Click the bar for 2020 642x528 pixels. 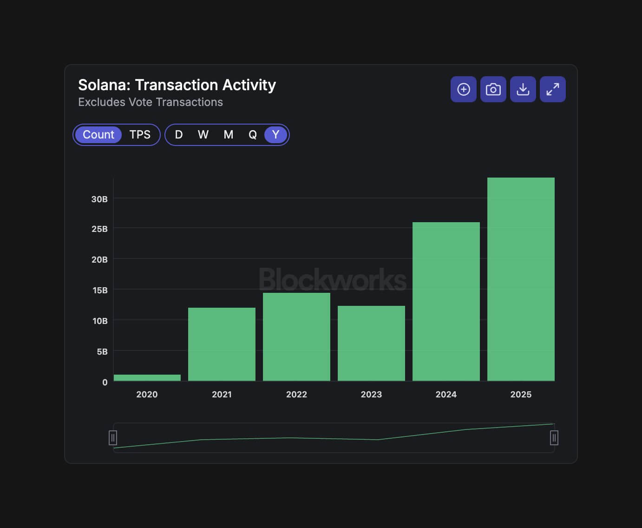[x=147, y=378]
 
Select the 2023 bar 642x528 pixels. [x=371, y=343]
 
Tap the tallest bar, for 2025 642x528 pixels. [x=521, y=279]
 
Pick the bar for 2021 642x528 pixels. [x=222, y=344]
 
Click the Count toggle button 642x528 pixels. [x=98, y=135]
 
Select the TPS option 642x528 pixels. [x=140, y=135]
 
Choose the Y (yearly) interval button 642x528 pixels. [x=275, y=135]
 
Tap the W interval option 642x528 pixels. [x=203, y=135]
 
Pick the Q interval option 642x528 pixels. [x=253, y=135]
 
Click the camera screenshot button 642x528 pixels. [x=493, y=89]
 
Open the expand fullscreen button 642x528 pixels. [x=552, y=89]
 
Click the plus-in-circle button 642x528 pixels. [x=463, y=89]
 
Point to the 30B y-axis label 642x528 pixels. [x=99, y=199]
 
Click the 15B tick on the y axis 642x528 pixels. [x=100, y=290]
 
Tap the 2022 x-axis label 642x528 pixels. [x=296, y=394]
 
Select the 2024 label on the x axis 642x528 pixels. [x=446, y=394]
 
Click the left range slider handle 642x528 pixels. [x=113, y=438]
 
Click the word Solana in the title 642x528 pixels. [x=104, y=85]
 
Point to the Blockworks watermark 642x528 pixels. [x=333, y=279]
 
